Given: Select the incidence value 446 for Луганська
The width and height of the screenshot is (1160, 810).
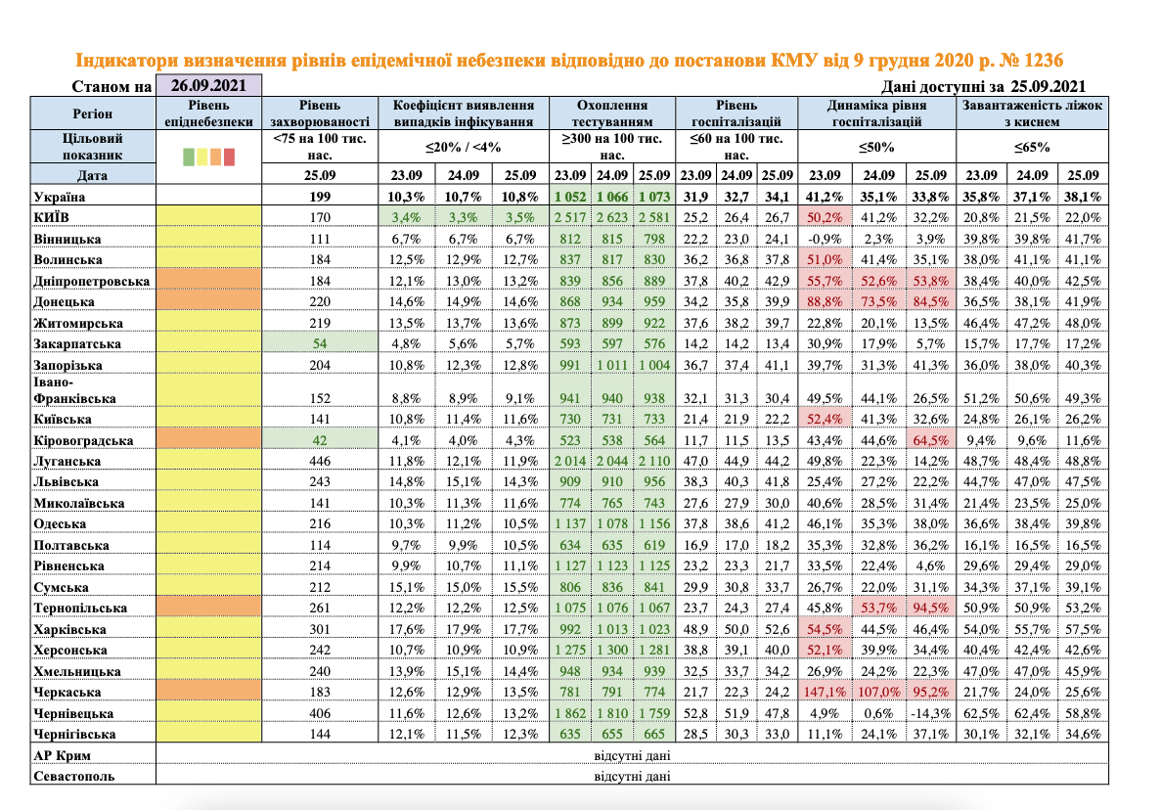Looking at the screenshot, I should click(319, 461).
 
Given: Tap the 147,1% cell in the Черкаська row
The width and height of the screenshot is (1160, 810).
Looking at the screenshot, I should click(825, 691).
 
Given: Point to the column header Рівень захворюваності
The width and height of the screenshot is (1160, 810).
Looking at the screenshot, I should click(319, 113).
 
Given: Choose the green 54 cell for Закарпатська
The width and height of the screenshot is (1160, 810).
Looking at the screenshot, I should click(319, 344).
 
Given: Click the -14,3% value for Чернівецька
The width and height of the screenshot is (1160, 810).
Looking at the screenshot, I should click(930, 712).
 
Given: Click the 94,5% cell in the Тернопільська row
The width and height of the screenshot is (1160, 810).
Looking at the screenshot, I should click(930, 608).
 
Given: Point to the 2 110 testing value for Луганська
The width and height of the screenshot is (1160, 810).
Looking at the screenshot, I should click(653, 461).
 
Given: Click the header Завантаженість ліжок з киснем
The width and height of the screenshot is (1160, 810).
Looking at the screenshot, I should click(1032, 113).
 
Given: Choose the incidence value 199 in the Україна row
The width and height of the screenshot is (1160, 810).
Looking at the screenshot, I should click(319, 197).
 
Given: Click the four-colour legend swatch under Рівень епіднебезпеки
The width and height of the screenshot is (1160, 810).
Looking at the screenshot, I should click(209, 157).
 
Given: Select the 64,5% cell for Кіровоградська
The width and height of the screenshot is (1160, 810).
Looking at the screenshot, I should click(930, 440).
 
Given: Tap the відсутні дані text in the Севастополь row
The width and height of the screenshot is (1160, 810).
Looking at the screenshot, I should click(632, 777).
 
